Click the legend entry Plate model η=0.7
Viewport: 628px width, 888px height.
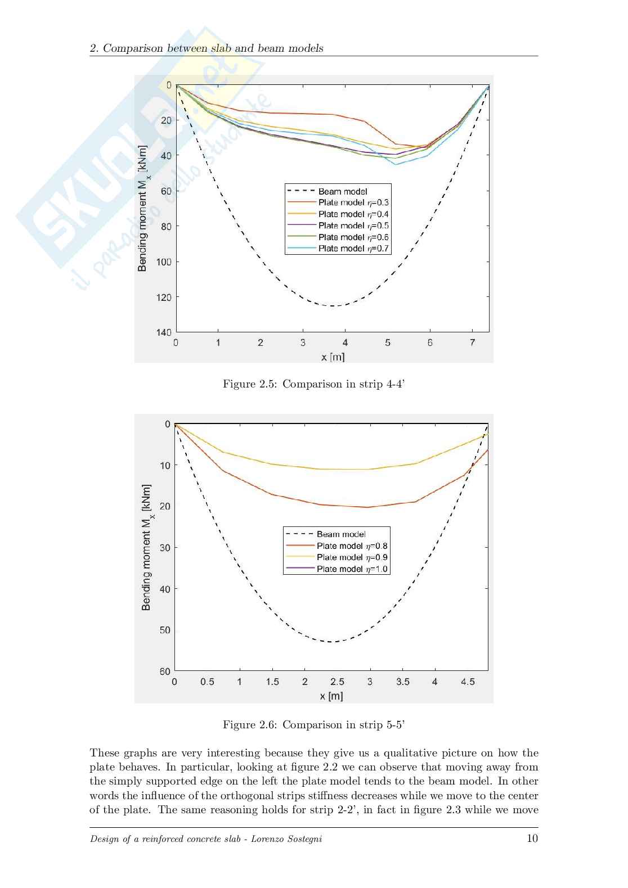pyautogui.click(x=353, y=249)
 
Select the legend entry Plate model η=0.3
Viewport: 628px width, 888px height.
pyautogui.click(x=353, y=202)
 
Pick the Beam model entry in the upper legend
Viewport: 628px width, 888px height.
pyautogui.click(x=342, y=191)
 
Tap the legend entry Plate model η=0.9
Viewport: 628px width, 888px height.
pyautogui.click(x=352, y=557)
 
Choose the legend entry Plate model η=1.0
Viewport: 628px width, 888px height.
pyautogui.click(x=352, y=569)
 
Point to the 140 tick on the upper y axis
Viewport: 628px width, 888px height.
pyautogui.click(x=164, y=332)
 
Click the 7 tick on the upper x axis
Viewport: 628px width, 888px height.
pyautogui.click(x=472, y=342)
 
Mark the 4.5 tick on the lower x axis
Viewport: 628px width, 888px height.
pyautogui.click(x=468, y=682)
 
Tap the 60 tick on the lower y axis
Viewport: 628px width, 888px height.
pyautogui.click(x=164, y=671)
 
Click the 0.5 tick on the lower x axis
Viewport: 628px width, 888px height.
pyautogui.click(x=207, y=682)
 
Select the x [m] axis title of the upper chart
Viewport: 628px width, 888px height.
pyautogui.click(x=333, y=357)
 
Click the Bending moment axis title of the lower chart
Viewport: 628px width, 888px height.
pyautogui.click(x=146, y=547)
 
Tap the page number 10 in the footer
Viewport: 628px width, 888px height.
pyautogui.click(x=532, y=839)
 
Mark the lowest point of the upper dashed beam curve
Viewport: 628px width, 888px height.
pyautogui.click(x=333, y=306)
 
